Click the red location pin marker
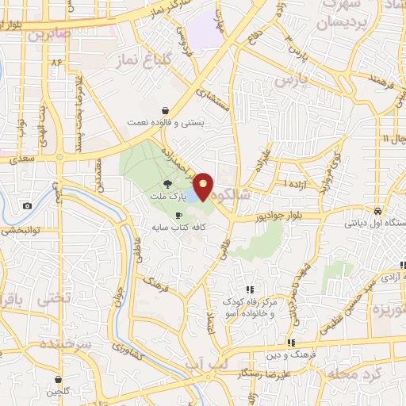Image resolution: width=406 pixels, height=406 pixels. click(x=205, y=186)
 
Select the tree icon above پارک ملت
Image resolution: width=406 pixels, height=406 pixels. click(x=166, y=183)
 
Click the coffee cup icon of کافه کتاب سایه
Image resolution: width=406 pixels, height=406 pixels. click(x=178, y=215)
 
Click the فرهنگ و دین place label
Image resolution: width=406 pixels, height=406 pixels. click(x=320, y=343)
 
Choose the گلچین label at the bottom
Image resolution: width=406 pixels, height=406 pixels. click(x=59, y=392)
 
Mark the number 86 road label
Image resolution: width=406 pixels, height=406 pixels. click(x=56, y=62)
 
